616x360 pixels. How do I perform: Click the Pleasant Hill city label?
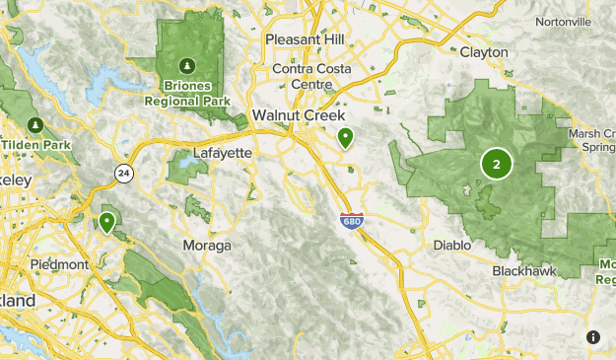click(305, 38)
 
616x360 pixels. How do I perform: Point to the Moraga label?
click(207, 244)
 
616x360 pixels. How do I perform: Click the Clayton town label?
click(484, 51)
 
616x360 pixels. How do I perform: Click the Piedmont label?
click(60, 264)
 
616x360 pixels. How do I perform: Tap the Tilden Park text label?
click(36, 145)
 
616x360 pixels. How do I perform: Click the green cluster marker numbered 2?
click(496, 165)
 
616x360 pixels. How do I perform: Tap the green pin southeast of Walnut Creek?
click(345, 138)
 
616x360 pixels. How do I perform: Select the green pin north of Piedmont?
click(106, 222)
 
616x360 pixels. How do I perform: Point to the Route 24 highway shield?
click(122, 173)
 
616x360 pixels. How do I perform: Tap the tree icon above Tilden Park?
click(36, 125)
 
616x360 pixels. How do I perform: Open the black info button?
click(592, 336)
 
